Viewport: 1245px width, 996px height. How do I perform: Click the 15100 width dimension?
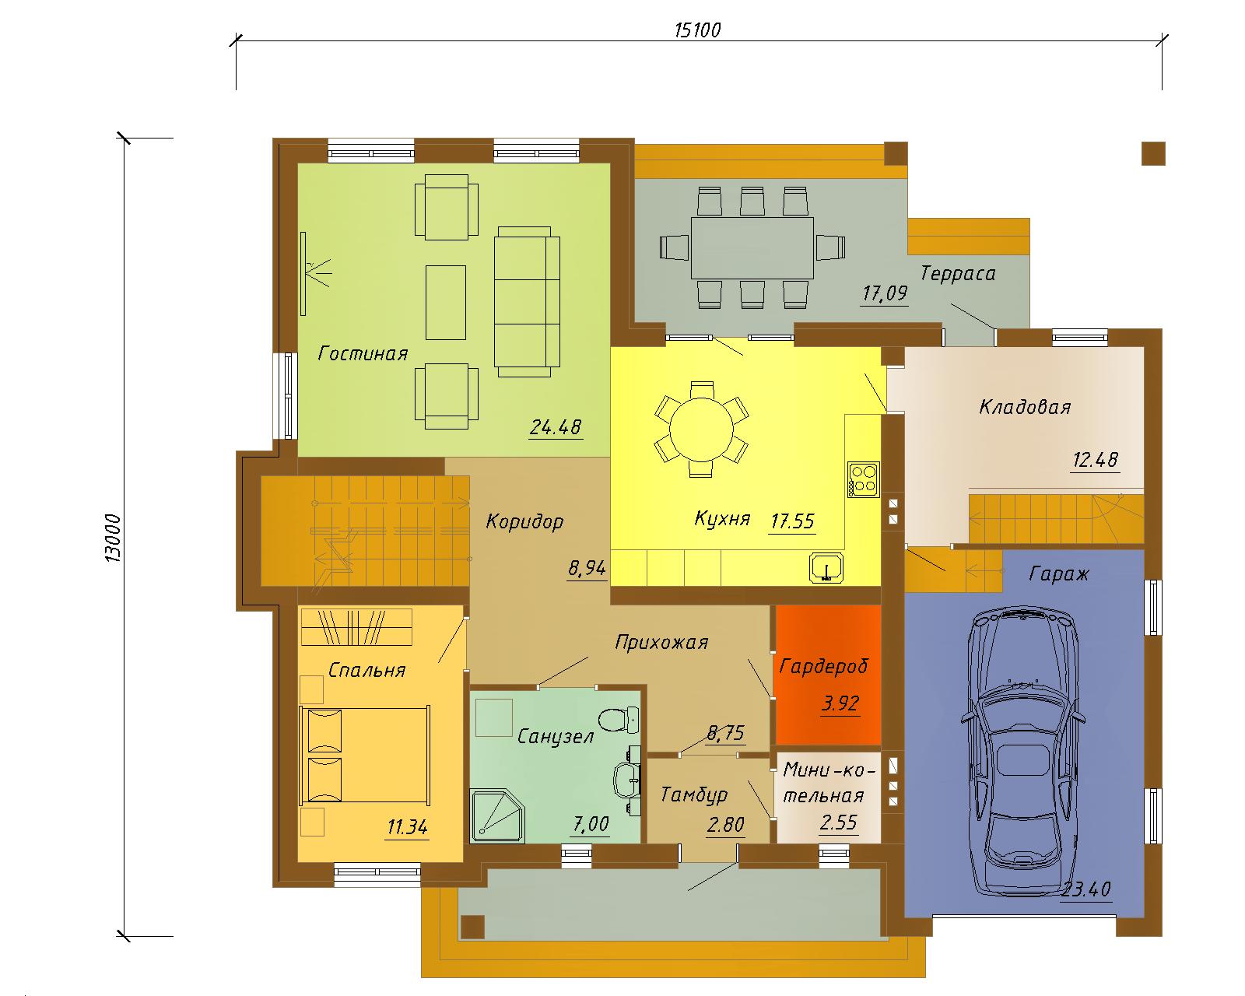pos(698,30)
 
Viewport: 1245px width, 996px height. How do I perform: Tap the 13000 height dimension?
pos(114,538)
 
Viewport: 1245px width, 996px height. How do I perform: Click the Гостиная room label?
pos(363,353)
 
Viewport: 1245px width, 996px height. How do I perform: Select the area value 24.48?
pos(556,427)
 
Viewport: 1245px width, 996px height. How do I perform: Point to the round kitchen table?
pos(701,429)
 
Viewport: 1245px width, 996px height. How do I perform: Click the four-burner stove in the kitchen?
pos(864,479)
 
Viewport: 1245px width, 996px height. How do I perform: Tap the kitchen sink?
pos(826,566)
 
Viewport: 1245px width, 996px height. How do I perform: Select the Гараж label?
pos(1059,573)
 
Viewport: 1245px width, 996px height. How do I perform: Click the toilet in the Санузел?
pos(618,721)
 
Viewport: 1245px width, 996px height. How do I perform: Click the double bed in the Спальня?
pos(364,756)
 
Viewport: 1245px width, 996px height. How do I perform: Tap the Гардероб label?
pos(823,666)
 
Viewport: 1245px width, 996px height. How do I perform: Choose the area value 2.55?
pos(838,822)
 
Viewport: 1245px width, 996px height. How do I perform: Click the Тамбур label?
pos(693,794)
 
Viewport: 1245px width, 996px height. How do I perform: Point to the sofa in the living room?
pos(527,301)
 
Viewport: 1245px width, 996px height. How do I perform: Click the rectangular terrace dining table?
pos(752,247)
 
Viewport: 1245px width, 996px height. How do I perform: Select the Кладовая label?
pos(1025,407)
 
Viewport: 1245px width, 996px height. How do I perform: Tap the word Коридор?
pos(524,521)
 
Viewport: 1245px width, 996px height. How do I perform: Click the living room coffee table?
pos(445,302)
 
